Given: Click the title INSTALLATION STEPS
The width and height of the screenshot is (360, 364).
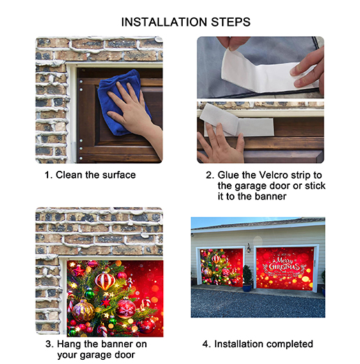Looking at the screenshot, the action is [x=186, y=22].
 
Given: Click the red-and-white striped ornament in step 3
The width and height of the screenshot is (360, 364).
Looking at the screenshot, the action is [x=105, y=280].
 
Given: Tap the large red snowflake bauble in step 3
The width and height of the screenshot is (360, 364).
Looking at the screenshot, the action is [x=126, y=308].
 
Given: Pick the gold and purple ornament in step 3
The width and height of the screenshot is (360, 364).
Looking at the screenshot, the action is [x=83, y=311].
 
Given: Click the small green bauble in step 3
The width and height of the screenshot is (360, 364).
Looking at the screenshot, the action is [x=89, y=294].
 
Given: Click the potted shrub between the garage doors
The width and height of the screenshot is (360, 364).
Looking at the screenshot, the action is [x=248, y=278].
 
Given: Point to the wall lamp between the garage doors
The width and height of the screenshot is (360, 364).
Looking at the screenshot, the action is [x=248, y=248].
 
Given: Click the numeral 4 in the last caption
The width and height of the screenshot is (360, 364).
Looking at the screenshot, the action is [x=205, y=344].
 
